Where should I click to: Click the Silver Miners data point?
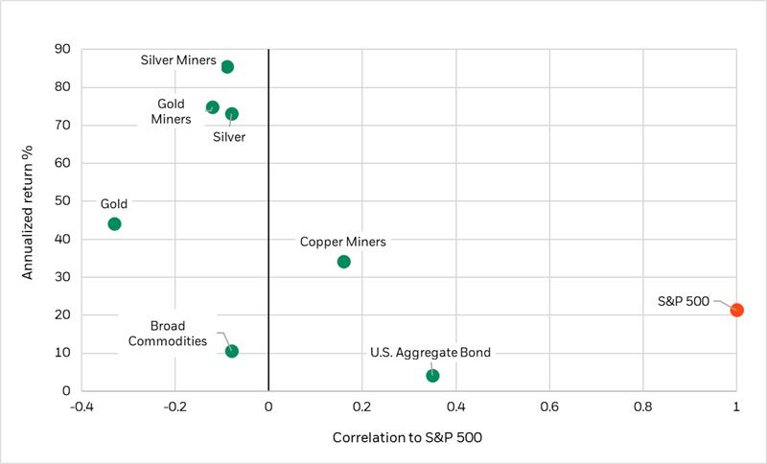[x=227, y=67]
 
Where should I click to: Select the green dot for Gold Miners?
[x=213, y=107]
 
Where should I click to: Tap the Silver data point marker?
[x=232, y=114]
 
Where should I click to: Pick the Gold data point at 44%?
[x=115, y=224]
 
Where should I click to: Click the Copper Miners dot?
[x=344, y=262]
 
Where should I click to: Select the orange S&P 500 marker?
[x=736, y=310]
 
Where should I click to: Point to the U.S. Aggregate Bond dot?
[x=432, y=376]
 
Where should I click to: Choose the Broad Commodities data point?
[x=232, y=351]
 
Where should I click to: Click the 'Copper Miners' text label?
[x=343, y=243]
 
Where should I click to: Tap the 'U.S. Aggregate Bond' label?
[x=430, y=353]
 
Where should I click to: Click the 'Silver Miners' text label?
[x=178, y=60]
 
